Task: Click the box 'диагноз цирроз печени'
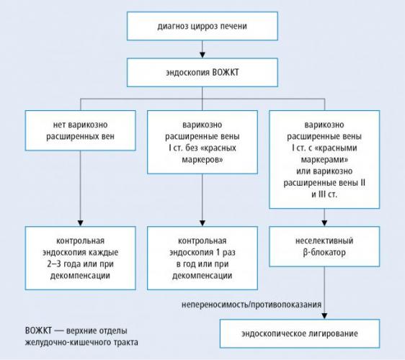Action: (x=202, y=26)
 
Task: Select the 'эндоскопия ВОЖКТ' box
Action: (x=202, y=73)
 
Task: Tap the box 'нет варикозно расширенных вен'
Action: (x=80, y=130)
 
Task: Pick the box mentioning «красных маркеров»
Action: (x=202, y=142)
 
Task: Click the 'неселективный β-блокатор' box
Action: (x=324, y=246)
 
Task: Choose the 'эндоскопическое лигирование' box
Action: (x=300, y=333)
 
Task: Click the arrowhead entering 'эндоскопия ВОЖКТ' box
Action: (x=202, y=55)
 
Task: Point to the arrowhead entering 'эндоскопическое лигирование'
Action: (x=324, y=316)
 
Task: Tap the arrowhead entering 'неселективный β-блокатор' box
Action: (x=324, y=223)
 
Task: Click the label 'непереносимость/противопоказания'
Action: (x=252, y=305)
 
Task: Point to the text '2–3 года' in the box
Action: (x=65, y=264)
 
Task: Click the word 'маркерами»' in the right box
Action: (x=324, y=160)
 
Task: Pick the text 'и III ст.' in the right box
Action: (x=324, y=194)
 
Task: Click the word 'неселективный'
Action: (x=324, y=240)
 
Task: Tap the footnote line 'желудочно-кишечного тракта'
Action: (x=81, y=343)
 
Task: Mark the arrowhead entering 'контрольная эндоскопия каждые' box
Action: (x=80, y=223)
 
